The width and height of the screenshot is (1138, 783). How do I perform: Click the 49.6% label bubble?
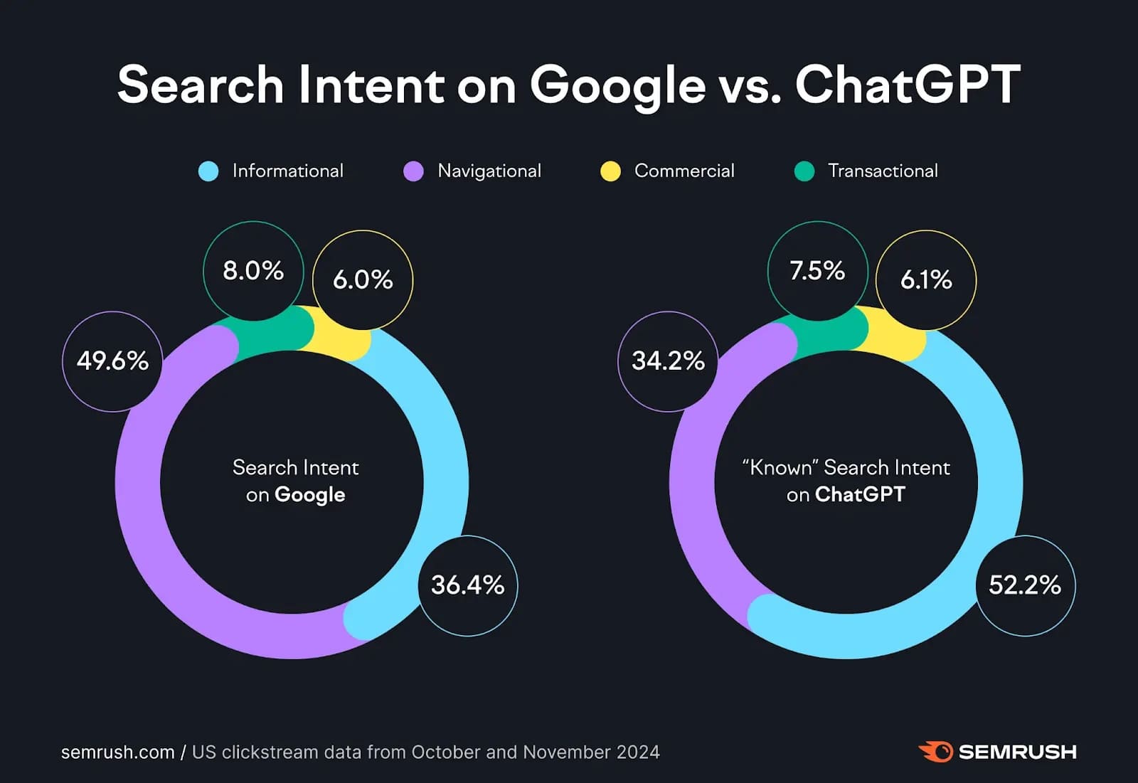click(112, 361)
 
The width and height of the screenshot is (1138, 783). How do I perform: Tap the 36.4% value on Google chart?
click(467, 585)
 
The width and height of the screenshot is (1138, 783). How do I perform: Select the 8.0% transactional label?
click(253, 271)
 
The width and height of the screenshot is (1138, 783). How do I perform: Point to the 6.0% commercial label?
click(363, 279)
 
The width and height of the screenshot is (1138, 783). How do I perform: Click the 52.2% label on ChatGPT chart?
click(1024, 585)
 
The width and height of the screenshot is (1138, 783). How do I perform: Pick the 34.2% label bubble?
click(668, 361)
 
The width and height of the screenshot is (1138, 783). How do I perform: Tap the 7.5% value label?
click(817, 271)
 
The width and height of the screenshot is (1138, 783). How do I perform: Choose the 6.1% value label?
click(926, 279)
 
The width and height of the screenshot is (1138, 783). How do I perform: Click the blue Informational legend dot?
click(208, 171)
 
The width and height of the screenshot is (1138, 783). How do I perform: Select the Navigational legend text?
click(489, 171)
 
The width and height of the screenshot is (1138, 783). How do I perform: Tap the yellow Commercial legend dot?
click(610, 171)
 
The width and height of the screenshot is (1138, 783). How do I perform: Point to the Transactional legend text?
click(883, 171)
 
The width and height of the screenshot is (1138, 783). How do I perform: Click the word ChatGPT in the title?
click(908, 85)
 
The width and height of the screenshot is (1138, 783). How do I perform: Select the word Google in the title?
click(617, 85)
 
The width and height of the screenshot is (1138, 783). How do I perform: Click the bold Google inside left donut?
click(309, 495)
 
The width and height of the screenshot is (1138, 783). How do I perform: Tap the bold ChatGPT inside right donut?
click(860, 494)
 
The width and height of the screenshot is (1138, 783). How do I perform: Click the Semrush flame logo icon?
click(935, 752)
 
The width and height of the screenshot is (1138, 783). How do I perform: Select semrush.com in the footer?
click(117, 752)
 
